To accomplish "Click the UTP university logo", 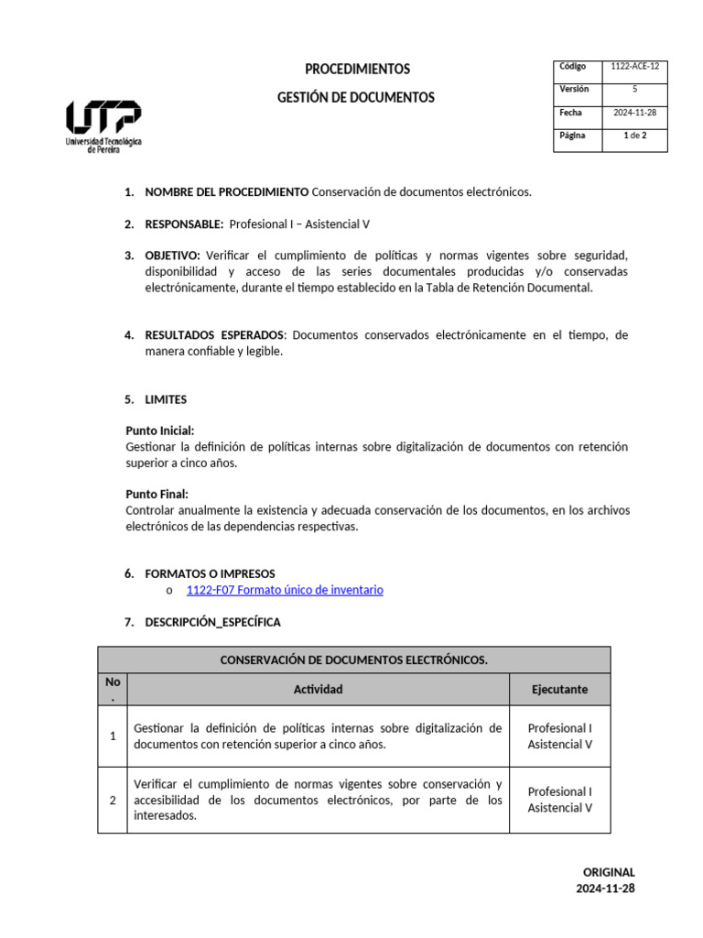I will tap(103, 126).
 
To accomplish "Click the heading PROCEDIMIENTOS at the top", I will tap(357, 70).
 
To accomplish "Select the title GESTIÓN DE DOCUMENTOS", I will tap(357, 97).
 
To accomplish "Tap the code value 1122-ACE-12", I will tap(634, 67).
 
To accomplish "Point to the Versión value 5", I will tap(634, 90).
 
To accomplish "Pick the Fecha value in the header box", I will tap(634, 113).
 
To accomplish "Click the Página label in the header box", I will tap(574, 136).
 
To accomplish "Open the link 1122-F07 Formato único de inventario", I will tap(285, 590).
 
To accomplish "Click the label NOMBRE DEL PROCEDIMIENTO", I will tap(226, 192).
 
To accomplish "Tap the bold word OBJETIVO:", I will tap(172, 255).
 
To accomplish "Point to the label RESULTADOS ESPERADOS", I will tap(215, 335).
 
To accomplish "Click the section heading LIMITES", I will tap(166, 399).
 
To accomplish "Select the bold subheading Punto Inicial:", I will tap(159, 431).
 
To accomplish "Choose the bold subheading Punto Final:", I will tap(157, 494).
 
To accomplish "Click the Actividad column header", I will tap(318, 689).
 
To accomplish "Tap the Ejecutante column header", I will tap(559, 689).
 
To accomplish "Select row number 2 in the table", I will tap(113, 800).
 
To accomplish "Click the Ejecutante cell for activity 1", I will tap(559, 736).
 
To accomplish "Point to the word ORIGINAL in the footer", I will tap(608, 872).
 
